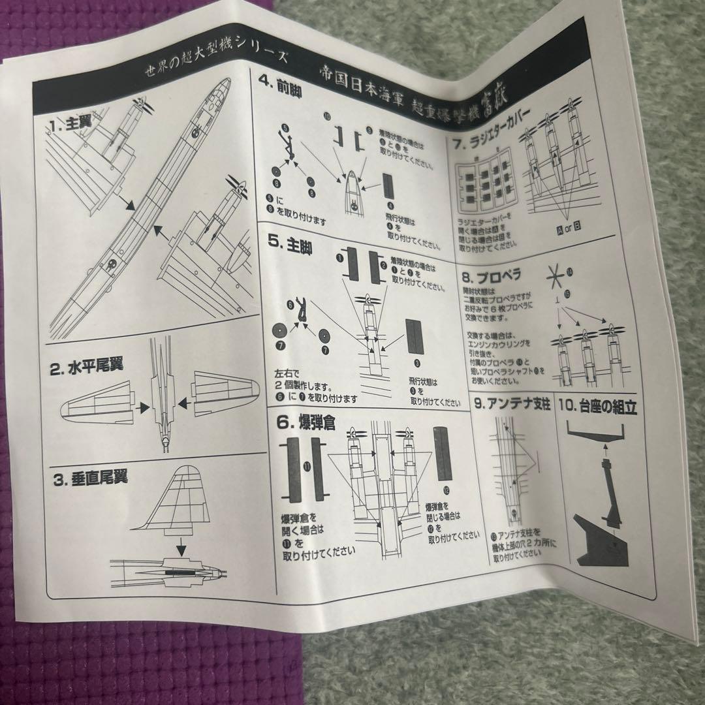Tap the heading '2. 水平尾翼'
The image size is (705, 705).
pos(89,369)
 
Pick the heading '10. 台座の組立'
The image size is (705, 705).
pos(599,408)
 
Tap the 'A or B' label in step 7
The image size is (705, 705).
pos(569,228)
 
